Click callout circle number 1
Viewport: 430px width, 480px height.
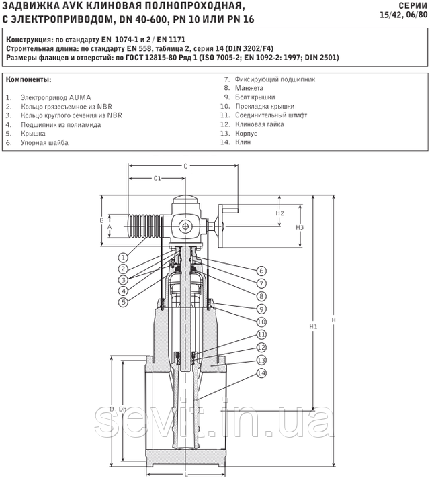(123, 258)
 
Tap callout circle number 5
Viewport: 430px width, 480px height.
(123, 302)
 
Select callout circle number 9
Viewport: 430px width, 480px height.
(261, 309)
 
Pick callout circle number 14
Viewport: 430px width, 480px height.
(261, 373)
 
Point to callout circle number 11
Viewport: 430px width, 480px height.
(261, 334)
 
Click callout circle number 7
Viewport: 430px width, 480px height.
(261, 283)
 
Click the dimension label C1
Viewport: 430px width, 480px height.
(157, 178)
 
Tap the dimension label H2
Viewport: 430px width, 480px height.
(279, 213)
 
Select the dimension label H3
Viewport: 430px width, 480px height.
(300, 227)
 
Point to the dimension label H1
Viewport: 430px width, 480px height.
(313, 327)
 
